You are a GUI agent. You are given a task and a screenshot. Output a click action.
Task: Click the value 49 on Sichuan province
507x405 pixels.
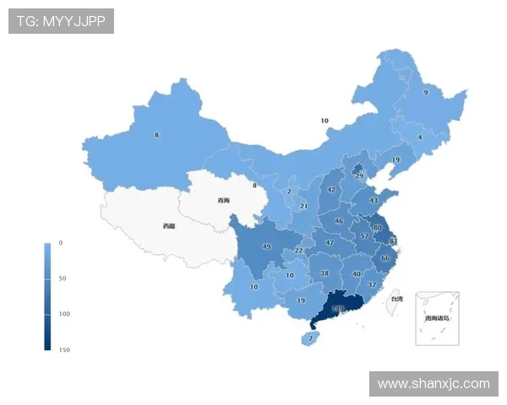point(266,247)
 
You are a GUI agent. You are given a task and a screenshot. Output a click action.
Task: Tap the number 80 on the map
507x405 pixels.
point(377,228)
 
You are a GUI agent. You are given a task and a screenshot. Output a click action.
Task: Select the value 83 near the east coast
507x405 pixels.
point(393,242)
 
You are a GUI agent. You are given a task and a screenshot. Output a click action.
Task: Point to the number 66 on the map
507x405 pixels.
point(385,258)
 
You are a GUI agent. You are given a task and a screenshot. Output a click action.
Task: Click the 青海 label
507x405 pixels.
point(223,201)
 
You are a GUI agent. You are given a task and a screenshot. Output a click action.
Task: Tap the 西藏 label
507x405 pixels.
point(169,226)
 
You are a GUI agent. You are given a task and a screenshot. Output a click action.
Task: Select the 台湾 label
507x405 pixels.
point(396,299)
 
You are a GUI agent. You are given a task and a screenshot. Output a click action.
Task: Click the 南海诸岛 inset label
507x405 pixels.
point(438,319)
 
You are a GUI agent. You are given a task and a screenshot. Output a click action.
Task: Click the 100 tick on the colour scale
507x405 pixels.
point(64,313)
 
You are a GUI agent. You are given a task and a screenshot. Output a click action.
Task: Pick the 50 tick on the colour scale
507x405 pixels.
point(63,278)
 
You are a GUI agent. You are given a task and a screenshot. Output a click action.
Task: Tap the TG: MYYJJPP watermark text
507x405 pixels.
point(61,21)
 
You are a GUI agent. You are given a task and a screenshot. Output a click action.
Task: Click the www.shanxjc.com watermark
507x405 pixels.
point(433,384)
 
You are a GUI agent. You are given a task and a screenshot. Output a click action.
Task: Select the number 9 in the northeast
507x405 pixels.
point(425,93)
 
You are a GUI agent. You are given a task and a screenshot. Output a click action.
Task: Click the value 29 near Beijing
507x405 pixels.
point(359,175)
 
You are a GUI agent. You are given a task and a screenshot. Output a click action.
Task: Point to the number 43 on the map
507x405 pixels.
point(373,201)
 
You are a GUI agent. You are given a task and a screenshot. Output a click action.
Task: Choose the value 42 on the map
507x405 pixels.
point(331,190)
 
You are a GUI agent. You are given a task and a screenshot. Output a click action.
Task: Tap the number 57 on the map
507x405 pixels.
point(364,237)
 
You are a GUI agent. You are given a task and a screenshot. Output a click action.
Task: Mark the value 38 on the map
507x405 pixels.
point(324,273)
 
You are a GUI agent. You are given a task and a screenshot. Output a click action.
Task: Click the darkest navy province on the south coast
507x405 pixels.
point(338,309)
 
